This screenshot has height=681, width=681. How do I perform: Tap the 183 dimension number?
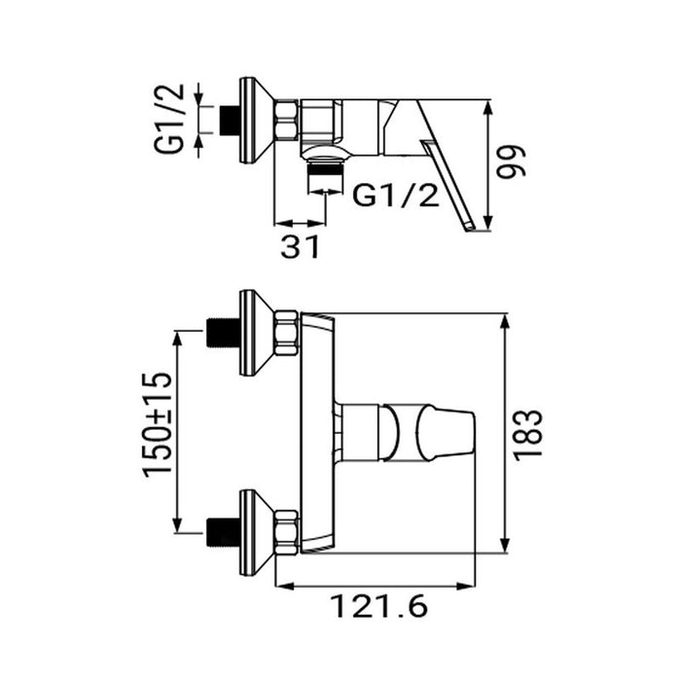pyautogui.click(x=529, y=434)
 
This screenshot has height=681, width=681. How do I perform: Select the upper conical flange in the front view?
pyautogui.click(x=255, y=332)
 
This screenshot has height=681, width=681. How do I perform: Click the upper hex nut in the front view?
pyautogui.click(x=286, y=332)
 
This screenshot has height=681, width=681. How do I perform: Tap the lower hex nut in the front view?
pyautogui.click(x=286, y=532)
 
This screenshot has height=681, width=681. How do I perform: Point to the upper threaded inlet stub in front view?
pyautogui.click(x=225, y=333)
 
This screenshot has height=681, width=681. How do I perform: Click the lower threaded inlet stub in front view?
pyautogui.click(x=225, y=532)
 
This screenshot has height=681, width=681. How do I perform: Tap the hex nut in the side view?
pyautogui.click(x=288, y=123)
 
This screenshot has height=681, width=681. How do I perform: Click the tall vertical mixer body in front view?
pyautogui.click(x=318, y=433)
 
